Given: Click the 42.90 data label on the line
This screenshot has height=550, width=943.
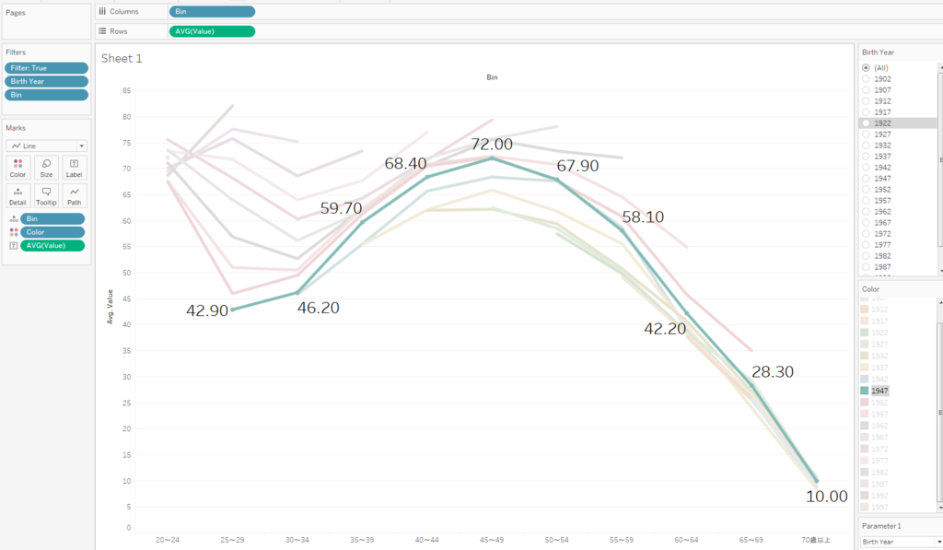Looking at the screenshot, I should point(206,310).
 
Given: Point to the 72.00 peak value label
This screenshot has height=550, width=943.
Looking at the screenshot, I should point(491,145).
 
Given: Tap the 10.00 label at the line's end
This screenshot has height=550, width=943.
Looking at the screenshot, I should point(826,496).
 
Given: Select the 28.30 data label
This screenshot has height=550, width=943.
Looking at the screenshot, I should point(772,372).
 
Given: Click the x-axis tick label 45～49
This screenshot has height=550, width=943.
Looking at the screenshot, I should point(491,540).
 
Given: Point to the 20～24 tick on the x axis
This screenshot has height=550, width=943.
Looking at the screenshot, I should point(169,540).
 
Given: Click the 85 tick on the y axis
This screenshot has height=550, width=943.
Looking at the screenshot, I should point(126,90).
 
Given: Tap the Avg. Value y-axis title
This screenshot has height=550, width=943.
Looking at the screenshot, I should point(110,307).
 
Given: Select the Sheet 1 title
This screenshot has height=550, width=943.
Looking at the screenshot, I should point(122,58).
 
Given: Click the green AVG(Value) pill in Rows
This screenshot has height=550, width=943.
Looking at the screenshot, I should point(212,31).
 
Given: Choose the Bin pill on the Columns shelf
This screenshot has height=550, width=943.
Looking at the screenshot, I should point(212,11).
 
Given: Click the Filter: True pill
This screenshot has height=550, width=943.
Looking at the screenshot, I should point(46,68).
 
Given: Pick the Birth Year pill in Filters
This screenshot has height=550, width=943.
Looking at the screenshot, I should point(46,81).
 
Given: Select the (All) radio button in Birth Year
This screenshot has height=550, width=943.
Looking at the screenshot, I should point(866,68).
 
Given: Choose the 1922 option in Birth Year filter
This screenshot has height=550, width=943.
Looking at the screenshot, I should point(882,123).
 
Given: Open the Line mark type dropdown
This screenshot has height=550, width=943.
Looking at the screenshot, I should point(46,146).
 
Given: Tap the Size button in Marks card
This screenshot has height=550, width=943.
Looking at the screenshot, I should point(46,168).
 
